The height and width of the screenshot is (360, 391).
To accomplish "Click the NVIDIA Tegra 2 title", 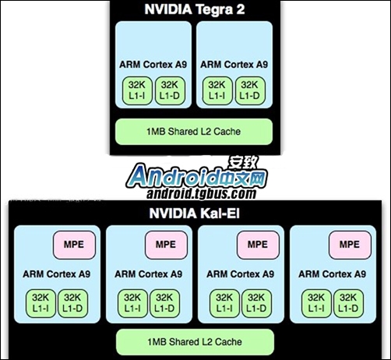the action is pyautogui.click(x=195, y=9).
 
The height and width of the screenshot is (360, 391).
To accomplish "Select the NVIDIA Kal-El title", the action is pyautogui.click(x=195, y=214).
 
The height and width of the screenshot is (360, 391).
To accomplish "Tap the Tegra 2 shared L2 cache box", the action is pyautogui.click(x=194, y=132).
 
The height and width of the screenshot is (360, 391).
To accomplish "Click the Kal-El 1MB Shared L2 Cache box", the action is pyautogui.click(x=195, y=342).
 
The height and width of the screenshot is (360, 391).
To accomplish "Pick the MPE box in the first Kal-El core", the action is pyautogui.click(x=74, y=245).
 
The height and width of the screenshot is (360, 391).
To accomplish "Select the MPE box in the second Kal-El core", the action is pyautogui.click(x=166, y=245).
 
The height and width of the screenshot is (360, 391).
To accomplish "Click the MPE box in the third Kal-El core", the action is pyautogui.click(x=258, y=245).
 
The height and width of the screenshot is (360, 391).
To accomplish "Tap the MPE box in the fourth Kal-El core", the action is pyautogui.click(x=350, y=245).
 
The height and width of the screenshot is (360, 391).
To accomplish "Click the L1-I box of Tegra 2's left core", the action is pyautogui.click(x=137, y=90).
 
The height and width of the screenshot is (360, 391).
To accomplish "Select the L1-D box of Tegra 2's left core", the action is pyautogui.click(x=170, y=90).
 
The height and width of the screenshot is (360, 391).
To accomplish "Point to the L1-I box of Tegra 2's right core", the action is pyautogui.click(x=217, y=90).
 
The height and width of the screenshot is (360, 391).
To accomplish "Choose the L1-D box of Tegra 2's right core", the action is pyautogui.click(x=250, y=90).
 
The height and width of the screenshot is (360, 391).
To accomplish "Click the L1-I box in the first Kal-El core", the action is pyautogui.click(x=41, y=303).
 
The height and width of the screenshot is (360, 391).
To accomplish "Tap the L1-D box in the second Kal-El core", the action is pyautogui.click(x=164, y=303).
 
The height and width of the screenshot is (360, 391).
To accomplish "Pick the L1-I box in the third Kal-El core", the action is pyautogui.click(x=224, y=303).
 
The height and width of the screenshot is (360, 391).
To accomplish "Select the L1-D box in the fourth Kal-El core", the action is pyautogui.click(x=348, y=303).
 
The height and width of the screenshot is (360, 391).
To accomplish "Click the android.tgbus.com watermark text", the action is pyautogui.click(x=201, y=193).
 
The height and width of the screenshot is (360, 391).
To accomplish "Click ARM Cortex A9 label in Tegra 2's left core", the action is pyautogui.click(x=153, y=65).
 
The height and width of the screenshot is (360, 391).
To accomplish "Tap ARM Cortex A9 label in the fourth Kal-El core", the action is pyautogui.click(x=333, y=274).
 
